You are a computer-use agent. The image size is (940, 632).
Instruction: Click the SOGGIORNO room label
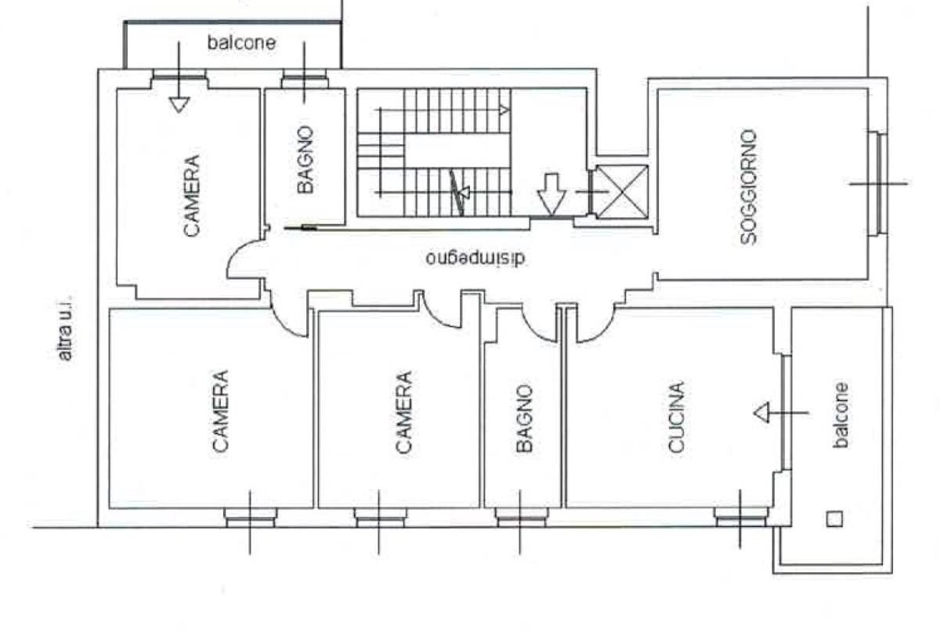coord(749,186)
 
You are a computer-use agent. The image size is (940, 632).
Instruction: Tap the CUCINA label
coord(676,417)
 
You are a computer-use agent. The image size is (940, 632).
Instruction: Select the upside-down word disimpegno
coord(475,258)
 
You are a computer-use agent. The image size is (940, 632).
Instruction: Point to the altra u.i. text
coord(66,329)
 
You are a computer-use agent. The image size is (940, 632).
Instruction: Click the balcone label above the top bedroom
coord(242,42)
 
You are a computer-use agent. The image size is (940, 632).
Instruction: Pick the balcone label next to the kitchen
coord(841,415)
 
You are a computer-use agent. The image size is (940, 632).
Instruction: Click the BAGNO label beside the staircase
coord(305,160)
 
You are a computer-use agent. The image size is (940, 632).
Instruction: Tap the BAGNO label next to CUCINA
coord(525,418)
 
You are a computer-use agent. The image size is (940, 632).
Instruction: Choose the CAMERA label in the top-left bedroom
coord(192,196)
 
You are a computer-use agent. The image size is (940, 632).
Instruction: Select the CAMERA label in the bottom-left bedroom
coord(220,411)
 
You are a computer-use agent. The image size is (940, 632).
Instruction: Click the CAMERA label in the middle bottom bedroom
coord(403,412)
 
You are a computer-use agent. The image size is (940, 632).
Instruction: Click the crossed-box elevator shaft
coord(622,192)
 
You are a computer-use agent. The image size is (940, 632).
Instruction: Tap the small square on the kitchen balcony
coord(835,518)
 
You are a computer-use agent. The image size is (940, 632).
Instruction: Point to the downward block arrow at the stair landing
coord(551,194)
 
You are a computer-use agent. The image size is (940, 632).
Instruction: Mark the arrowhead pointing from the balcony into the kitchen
coord(761,413)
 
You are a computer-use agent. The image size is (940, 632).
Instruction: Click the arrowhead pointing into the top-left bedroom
coord(179,104)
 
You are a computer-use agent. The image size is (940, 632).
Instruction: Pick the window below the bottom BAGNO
coord(521,517)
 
